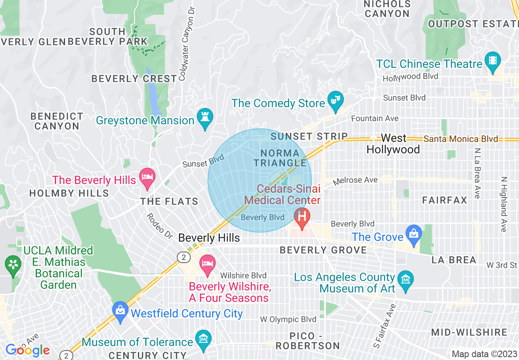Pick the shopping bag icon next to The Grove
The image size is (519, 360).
(414, 234)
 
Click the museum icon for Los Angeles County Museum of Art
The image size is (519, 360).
(405, 280)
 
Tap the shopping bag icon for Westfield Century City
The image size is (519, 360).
(120, 310)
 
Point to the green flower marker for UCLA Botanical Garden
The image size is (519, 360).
(13, 263)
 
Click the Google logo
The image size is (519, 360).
(27, 350)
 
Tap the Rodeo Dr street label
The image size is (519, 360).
(160, 226)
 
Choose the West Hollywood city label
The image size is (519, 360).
(393, 144)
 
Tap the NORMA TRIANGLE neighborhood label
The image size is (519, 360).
(280, 158)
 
